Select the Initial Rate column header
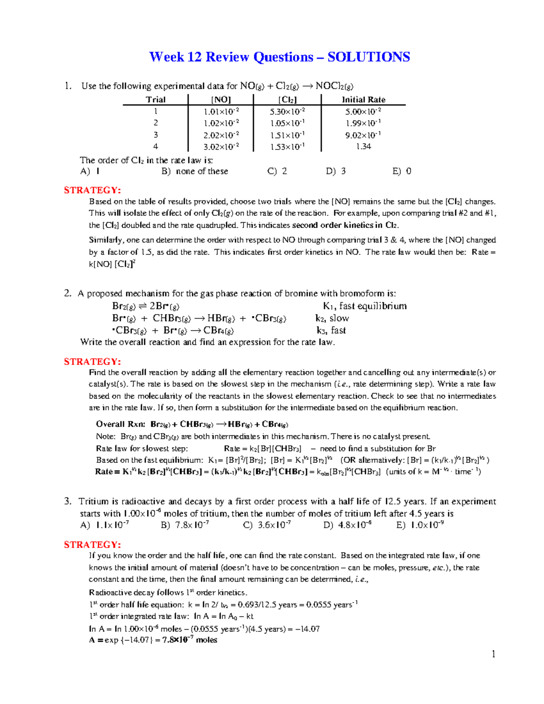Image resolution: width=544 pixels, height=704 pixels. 363,100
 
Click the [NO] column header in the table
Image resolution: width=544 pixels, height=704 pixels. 221,100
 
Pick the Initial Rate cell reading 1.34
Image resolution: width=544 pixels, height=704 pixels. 363,146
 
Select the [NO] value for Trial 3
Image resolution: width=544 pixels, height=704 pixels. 221,135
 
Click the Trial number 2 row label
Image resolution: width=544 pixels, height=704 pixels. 155,123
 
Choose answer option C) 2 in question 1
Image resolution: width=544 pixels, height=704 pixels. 277,171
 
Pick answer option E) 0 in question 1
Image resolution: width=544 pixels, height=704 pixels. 402,171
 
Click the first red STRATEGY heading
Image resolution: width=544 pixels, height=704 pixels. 92,190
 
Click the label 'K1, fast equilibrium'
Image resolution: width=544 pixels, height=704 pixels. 364,306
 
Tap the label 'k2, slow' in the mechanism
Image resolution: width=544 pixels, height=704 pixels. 332,318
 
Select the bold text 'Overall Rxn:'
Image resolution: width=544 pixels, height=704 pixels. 121,424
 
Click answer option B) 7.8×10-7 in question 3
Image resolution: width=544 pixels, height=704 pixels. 185,525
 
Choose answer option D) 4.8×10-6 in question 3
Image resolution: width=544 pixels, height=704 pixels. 347,525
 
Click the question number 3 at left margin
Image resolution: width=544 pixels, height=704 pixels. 68,501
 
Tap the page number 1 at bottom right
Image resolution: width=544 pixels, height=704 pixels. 493,654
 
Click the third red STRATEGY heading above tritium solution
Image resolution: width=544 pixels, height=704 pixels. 92,544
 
